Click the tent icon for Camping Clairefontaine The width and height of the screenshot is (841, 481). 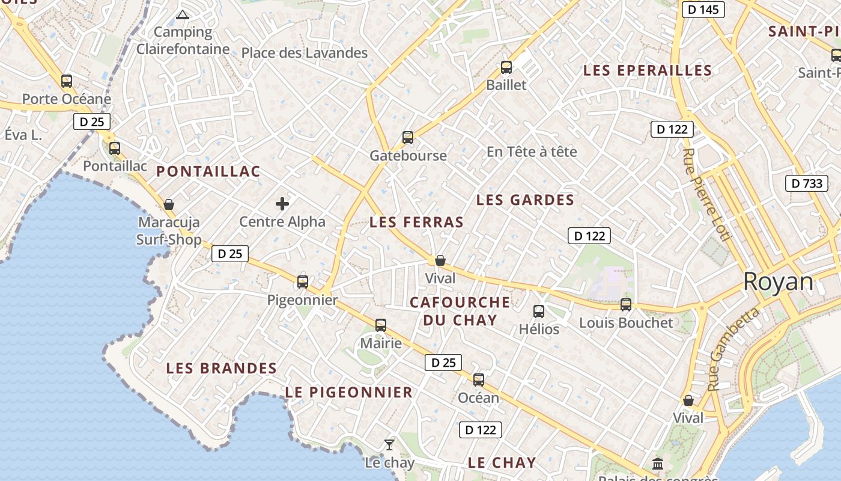183,14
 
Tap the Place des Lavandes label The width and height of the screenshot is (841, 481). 304,53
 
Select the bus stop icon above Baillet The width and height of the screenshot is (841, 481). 506,67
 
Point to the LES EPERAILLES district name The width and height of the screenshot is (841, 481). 648,70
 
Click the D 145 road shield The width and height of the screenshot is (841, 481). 703,10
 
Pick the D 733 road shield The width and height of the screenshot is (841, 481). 806,183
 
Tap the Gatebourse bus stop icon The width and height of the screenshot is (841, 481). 408,138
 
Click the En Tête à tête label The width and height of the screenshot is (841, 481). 531,152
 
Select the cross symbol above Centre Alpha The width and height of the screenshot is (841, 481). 282,204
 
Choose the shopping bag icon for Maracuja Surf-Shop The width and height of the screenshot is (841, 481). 169,205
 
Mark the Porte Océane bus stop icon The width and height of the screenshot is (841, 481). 67,81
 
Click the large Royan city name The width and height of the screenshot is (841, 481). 778,281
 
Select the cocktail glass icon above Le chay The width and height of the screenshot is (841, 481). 389,445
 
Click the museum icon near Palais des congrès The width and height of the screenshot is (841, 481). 658,464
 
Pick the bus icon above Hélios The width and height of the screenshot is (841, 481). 539,311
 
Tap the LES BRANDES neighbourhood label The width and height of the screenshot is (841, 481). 221,368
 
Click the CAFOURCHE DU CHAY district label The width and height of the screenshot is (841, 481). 460,311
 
